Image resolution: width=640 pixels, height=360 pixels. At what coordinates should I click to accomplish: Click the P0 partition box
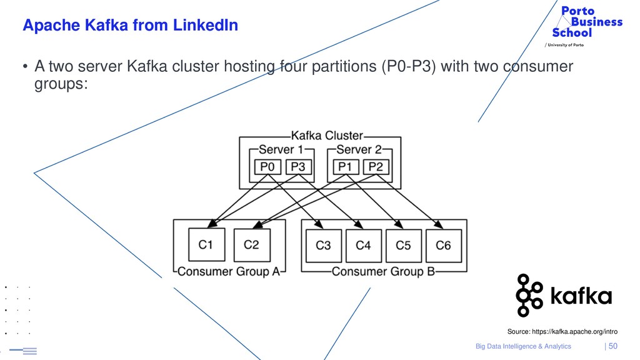click(267, 167)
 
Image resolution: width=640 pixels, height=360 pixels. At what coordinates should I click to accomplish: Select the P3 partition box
click(298, 167)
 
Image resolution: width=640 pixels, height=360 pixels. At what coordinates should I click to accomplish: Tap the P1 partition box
click(345, 167)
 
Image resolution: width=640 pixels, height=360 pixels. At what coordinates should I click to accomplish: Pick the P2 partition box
click(376, 167)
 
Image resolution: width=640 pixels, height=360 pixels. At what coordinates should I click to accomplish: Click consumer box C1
click(206, 244)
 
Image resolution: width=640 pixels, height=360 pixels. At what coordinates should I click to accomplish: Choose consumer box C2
click(252, 245)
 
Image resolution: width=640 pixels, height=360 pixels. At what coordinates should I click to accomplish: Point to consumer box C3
click(323, 245)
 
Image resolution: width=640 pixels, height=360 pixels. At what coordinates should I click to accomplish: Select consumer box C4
click(363, 245)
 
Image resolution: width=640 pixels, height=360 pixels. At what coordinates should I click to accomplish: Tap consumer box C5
click(403, 245)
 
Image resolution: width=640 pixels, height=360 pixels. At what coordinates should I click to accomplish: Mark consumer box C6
click(444, 245)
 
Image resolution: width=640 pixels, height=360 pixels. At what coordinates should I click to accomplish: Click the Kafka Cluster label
click(327, 136)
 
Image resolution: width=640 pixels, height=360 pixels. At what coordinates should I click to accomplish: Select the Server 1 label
click(281, 149)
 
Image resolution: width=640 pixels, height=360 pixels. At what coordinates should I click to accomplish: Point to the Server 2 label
click(359, 149)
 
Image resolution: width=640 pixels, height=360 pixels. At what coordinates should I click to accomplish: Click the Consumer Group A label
click(229, 271)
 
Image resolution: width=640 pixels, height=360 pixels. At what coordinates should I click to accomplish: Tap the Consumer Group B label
click(383, 271)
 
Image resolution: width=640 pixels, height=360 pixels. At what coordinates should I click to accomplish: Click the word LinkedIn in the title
click(205, 25)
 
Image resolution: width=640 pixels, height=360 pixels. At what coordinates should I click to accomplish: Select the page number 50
click(613, 346)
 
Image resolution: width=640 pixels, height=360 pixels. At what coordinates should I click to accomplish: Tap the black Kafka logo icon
click(529, 296)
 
